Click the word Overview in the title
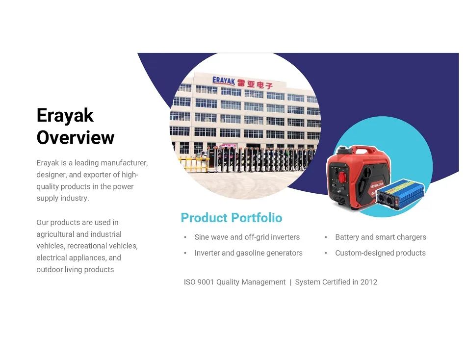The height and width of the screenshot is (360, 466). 76,137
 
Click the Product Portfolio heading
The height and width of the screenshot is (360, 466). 232,218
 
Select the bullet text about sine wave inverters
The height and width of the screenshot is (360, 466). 247,237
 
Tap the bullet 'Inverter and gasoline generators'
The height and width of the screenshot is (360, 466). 249,253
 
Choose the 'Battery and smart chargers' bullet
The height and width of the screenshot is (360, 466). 381,237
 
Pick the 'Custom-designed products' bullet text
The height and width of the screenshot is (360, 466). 381,253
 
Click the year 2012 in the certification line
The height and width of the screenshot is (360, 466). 369,282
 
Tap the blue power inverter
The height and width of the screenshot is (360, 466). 400,194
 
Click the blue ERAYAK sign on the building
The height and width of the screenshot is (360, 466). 224,81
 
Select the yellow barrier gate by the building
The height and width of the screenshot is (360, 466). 193,164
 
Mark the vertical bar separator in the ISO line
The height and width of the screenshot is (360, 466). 290,282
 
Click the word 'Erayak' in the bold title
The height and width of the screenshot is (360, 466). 65,115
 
